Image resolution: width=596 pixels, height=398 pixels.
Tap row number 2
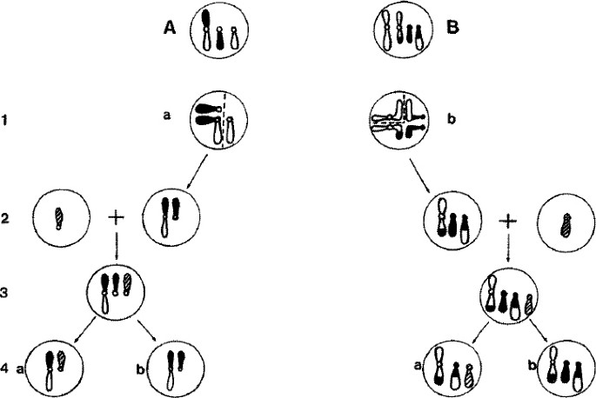[x=8, y=217]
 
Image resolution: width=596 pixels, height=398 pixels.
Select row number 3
[x=8, y=293]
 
